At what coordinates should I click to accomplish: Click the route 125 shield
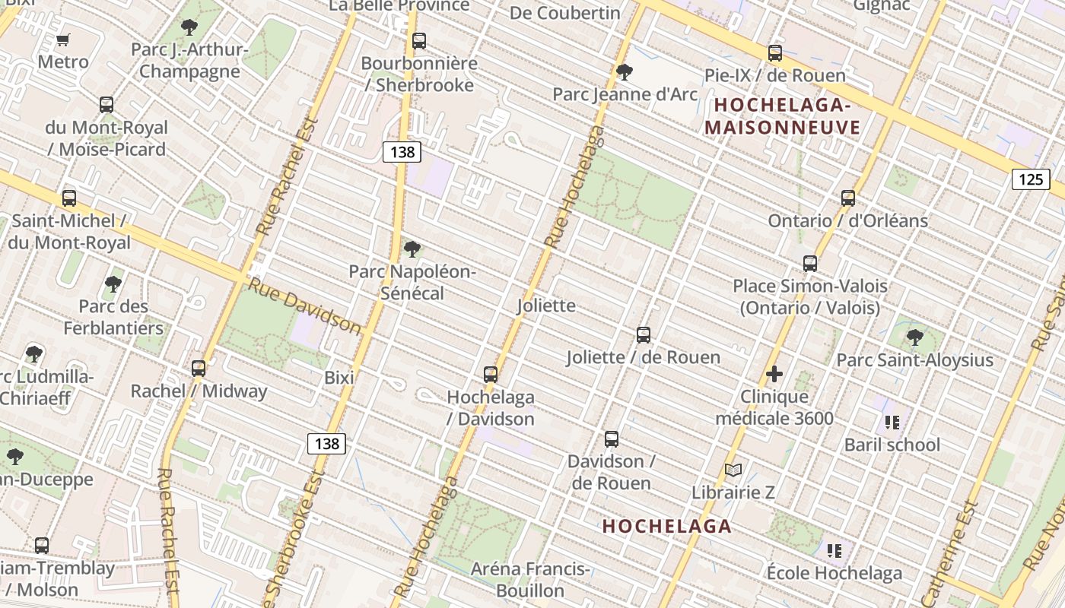coord(1030,179)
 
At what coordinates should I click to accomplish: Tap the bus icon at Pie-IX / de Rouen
coord(774,53)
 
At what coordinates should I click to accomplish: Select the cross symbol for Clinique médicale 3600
coord(774,374)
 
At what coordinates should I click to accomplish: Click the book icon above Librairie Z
coord(733,470)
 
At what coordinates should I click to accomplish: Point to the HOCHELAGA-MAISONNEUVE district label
coord(782,116)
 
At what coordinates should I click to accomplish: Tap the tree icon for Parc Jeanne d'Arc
coord(624,73)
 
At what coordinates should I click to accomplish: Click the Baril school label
coord(892,445)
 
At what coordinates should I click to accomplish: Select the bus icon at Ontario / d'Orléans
coord(847,198)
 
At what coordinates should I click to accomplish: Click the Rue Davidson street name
coord(305,306)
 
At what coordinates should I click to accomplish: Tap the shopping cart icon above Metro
coord(63,40)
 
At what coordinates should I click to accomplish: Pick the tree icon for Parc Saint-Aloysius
coord(914,337)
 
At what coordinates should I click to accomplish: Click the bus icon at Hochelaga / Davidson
coord(490,375)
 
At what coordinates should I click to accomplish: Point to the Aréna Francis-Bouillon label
coord(529,579)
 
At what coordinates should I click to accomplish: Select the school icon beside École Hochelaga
coord(834,550)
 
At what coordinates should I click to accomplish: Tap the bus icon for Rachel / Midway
coord(199,369)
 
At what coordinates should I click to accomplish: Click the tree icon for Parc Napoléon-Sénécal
coord(412,249)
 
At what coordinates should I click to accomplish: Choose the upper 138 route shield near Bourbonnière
coord(402,152)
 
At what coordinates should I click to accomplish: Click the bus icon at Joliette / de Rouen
coord(643,335)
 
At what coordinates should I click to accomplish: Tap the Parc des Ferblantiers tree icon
coord(113,285)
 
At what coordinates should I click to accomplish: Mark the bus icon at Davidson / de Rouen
coord(611,439)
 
